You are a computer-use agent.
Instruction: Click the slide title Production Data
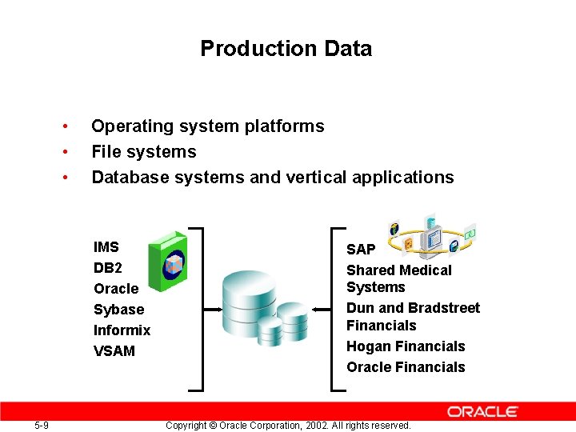pos(286,49)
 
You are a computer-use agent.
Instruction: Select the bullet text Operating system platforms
pos(207,126)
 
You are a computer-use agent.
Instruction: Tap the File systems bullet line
pos(143,152)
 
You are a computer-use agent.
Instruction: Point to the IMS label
pos(106,247)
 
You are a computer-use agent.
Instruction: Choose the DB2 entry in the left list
pos(107,268)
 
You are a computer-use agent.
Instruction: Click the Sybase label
pos(118,310)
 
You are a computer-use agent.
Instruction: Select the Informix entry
pos(122,330)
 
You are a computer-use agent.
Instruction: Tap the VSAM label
pos(114,351)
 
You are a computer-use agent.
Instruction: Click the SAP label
pos(360,250)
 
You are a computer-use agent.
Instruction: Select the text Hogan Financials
pos(405,346)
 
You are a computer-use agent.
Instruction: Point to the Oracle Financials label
pos(405,367)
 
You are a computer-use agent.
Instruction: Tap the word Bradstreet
pos(444,308)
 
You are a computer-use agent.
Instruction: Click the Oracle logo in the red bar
pos(482,411)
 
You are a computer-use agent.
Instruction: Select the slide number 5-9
pos(42,426)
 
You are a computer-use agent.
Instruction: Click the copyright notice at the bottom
pos(287,426)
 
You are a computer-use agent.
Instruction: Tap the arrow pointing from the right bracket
pos(322,309)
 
